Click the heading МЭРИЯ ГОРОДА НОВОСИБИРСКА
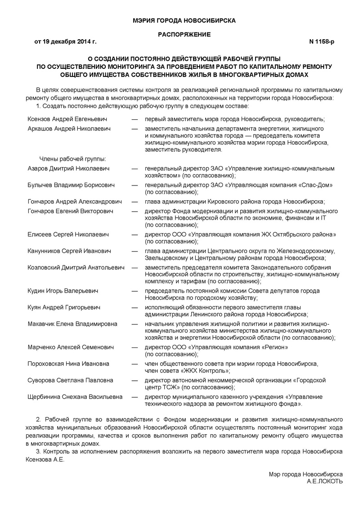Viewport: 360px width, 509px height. coord(184,20)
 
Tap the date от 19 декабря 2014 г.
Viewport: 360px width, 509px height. coord(65,42)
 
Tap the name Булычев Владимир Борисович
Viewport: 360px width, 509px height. coord(71,185)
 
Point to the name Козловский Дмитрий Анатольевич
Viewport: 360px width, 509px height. coord(76,267)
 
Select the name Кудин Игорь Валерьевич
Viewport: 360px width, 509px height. coord(63,291)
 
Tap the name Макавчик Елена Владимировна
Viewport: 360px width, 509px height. coord(72,324)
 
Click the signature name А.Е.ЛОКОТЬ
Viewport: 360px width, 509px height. coord(324,481)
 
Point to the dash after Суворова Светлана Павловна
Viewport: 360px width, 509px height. coord(135,380)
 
